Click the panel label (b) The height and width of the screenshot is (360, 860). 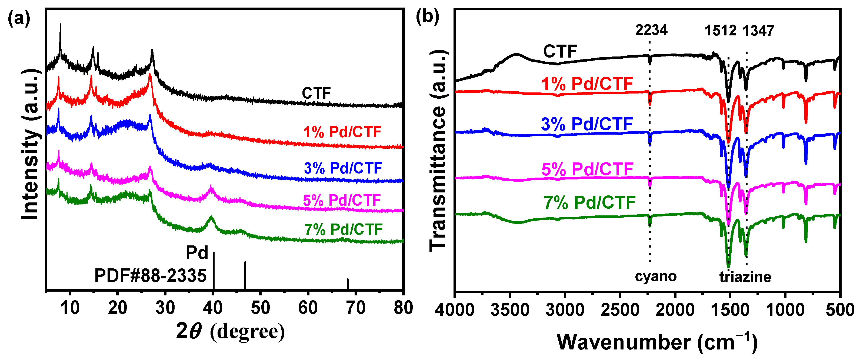[427, 16]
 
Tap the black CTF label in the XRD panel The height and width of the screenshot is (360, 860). [316, 93]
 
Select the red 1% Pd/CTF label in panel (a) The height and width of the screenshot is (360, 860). [342, 132]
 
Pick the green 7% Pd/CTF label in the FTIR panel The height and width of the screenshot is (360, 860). [589, 202]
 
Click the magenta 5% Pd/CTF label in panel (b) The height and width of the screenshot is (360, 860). [587, 169]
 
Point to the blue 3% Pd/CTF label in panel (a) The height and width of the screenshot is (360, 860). [343, 168]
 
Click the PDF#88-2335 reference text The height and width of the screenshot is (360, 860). [150, 276]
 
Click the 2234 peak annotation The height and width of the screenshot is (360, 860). [651, 30]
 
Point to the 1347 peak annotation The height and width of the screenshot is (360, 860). [758, 31]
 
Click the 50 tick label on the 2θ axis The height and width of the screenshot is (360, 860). [260, 308]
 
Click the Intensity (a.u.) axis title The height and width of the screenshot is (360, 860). [31, 144]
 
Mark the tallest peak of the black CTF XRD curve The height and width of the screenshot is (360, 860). [60, 25]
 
